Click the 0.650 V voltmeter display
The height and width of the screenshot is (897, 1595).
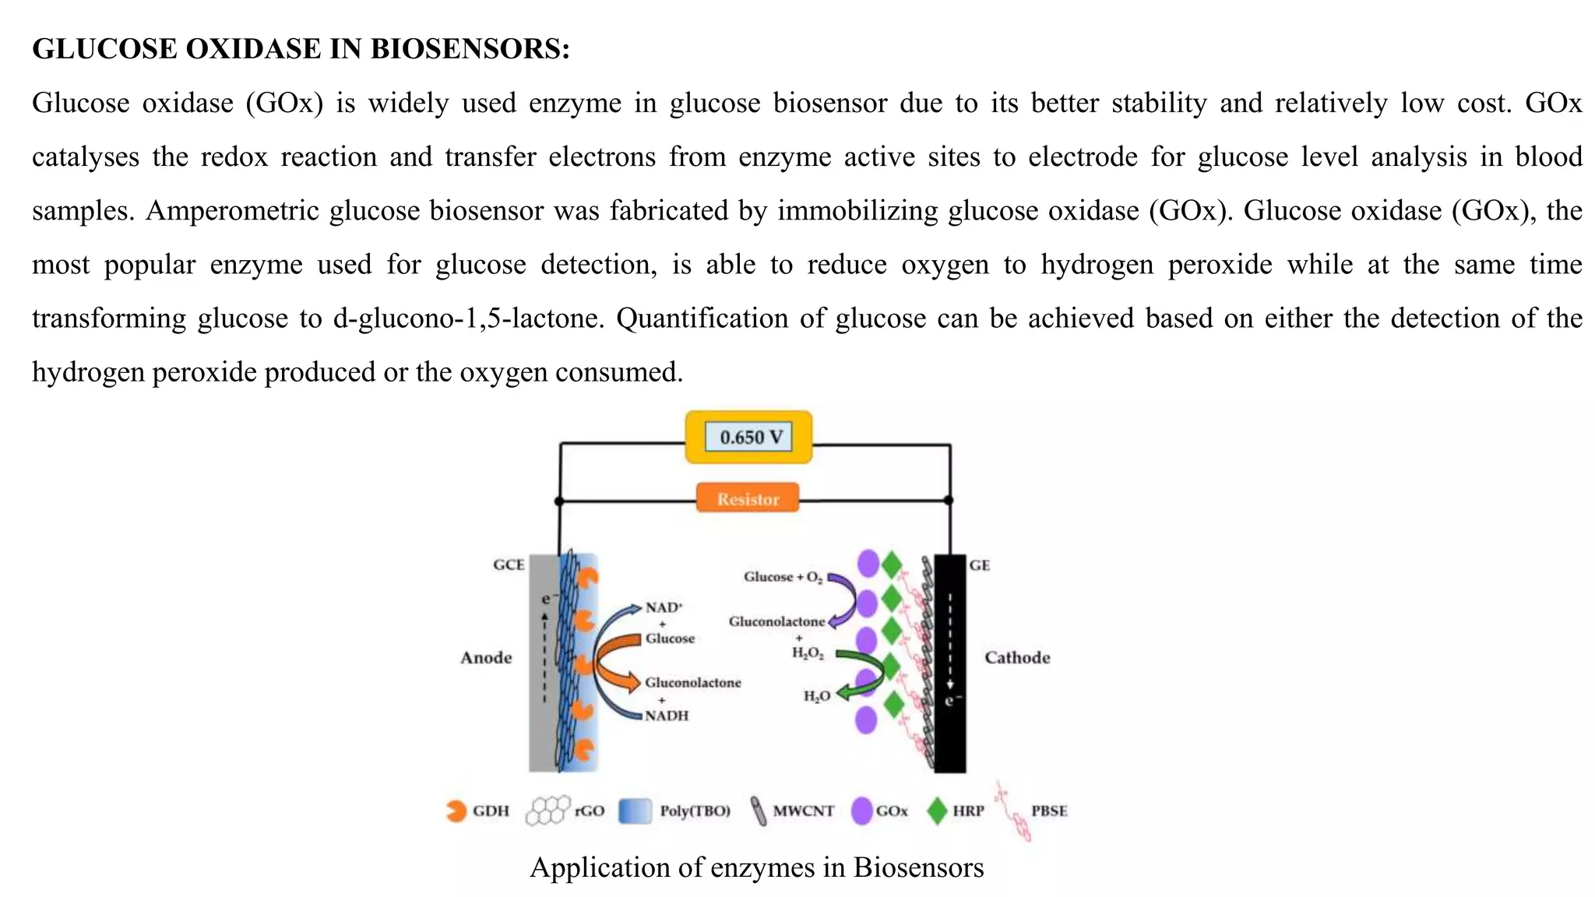tap(748, 437)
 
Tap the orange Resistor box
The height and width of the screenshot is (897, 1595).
tap(748, 499)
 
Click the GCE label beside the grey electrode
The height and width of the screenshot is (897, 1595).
tap(509, 565)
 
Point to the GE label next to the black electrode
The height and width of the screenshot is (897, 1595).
tap(979, 565)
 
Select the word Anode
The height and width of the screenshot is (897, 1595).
tap(486, 658)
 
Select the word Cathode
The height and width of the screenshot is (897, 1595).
tap(1016, 658)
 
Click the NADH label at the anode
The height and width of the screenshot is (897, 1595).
tap(667, 716)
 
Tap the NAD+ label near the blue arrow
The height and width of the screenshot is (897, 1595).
tap(664, 607)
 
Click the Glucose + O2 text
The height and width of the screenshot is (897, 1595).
tap(782, 577)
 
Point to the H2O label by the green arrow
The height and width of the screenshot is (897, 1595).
tap(816, 696)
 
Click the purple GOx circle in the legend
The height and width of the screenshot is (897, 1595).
tap(861, 811)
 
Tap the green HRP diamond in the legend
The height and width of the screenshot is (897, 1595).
tap(937, 811)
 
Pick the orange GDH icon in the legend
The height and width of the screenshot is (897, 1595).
tap(455, 811)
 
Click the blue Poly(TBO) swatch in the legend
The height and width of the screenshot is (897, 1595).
tap(635, 811)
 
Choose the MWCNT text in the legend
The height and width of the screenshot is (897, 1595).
tap(803, 811)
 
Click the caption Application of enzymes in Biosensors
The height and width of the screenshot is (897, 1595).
tap(756, 867)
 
